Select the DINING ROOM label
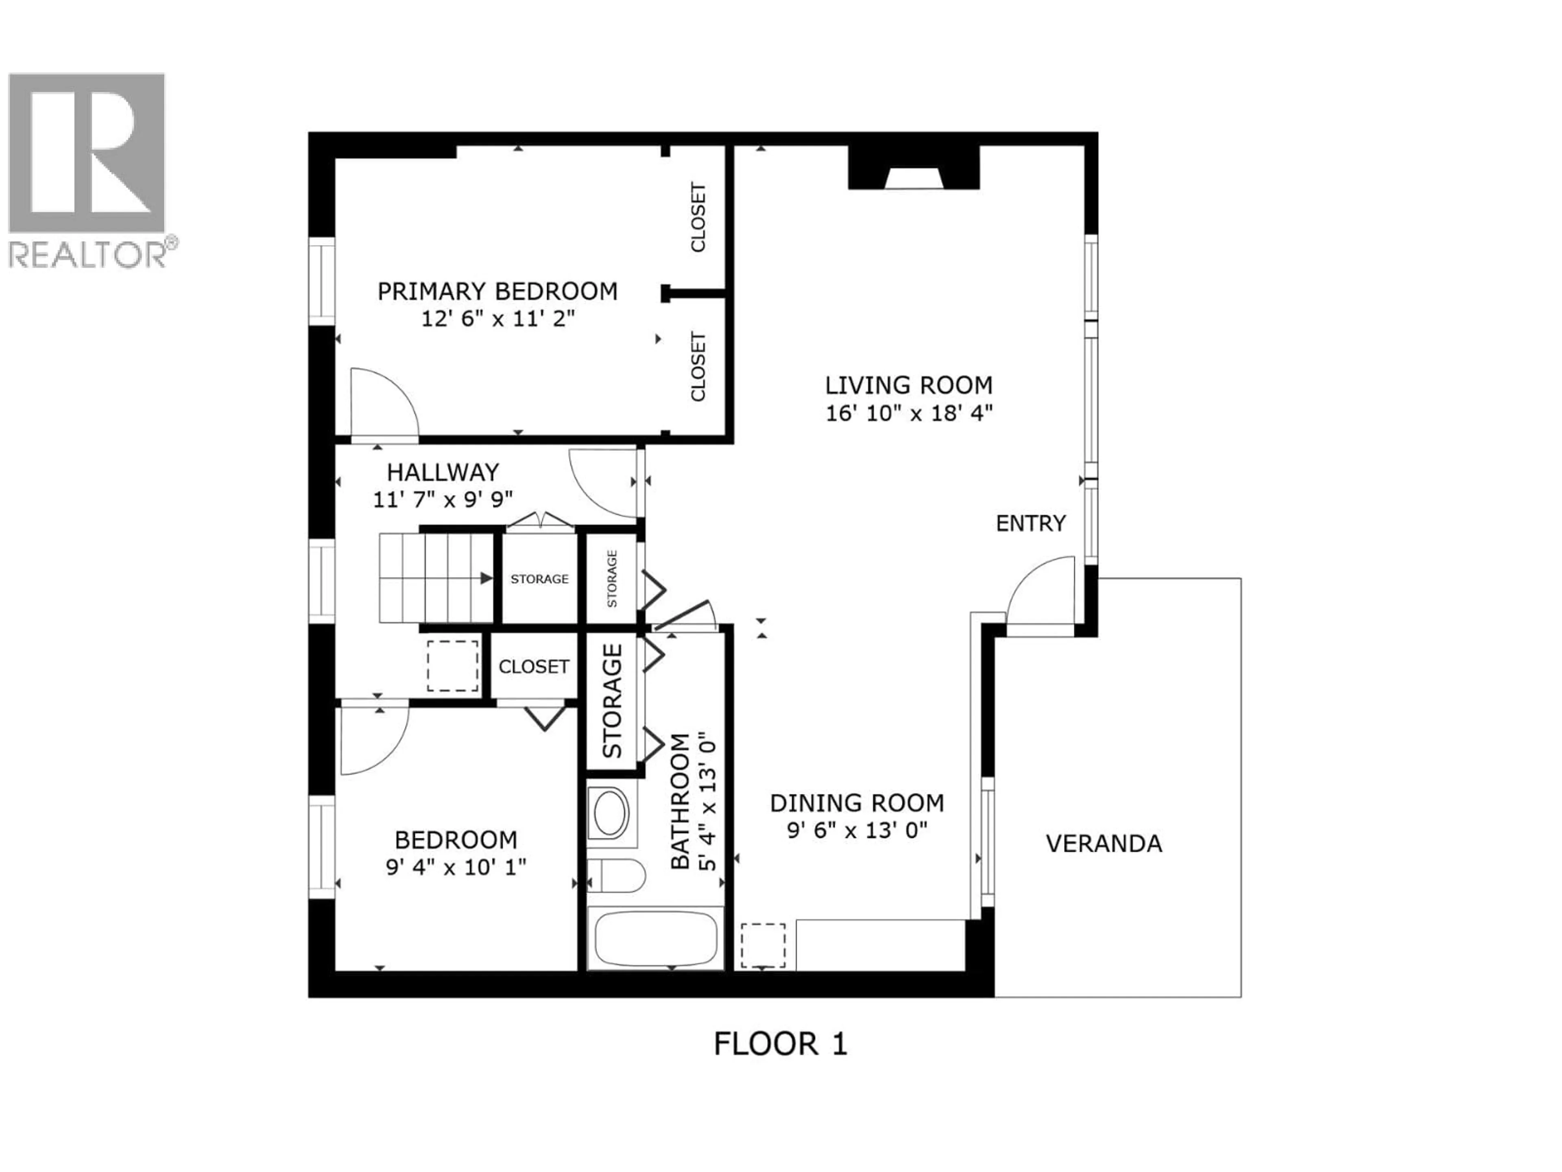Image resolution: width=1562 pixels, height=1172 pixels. (857, 803)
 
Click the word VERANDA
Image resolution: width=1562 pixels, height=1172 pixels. (1104, 844)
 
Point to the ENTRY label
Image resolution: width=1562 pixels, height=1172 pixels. (1030, 523)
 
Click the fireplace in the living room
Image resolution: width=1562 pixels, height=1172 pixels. (913, 170)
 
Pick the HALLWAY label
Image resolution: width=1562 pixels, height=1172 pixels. (443, 472)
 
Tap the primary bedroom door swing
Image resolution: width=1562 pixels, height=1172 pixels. (383, 403)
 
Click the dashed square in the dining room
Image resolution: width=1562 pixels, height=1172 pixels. (763, 945)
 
